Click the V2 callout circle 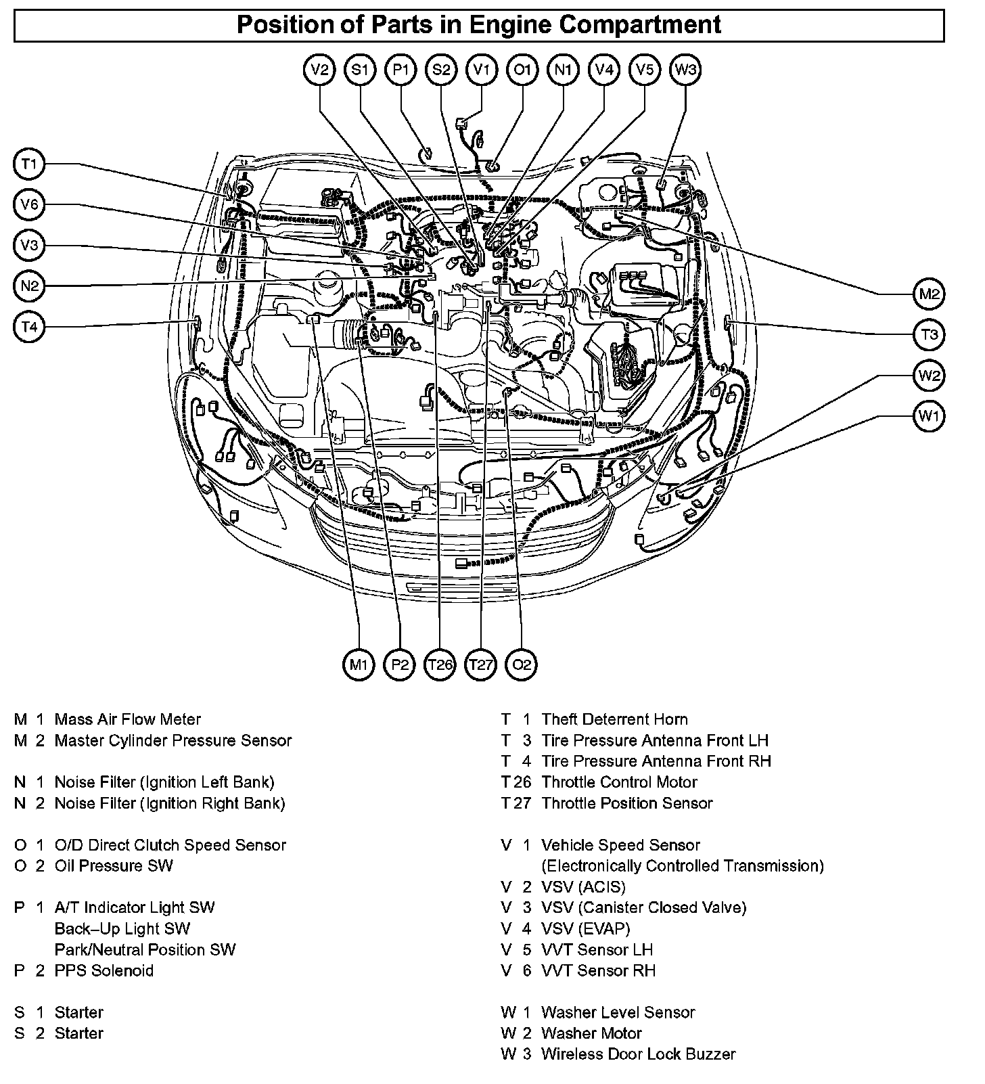320,70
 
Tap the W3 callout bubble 685,70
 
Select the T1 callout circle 28,164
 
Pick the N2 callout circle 28,286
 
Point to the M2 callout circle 930,294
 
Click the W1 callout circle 930,415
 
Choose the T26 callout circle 440,664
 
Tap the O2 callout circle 522,664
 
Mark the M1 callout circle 359,664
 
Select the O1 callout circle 522,70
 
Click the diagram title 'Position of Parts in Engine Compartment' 479,25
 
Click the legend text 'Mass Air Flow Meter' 128,719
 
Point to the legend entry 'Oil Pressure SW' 114,865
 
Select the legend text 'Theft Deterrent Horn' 614,719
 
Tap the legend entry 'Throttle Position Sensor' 627,803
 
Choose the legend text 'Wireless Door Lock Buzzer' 638,1054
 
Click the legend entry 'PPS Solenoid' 104,970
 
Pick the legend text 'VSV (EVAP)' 585,928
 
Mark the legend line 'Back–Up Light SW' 122,928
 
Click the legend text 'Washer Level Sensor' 618,1012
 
